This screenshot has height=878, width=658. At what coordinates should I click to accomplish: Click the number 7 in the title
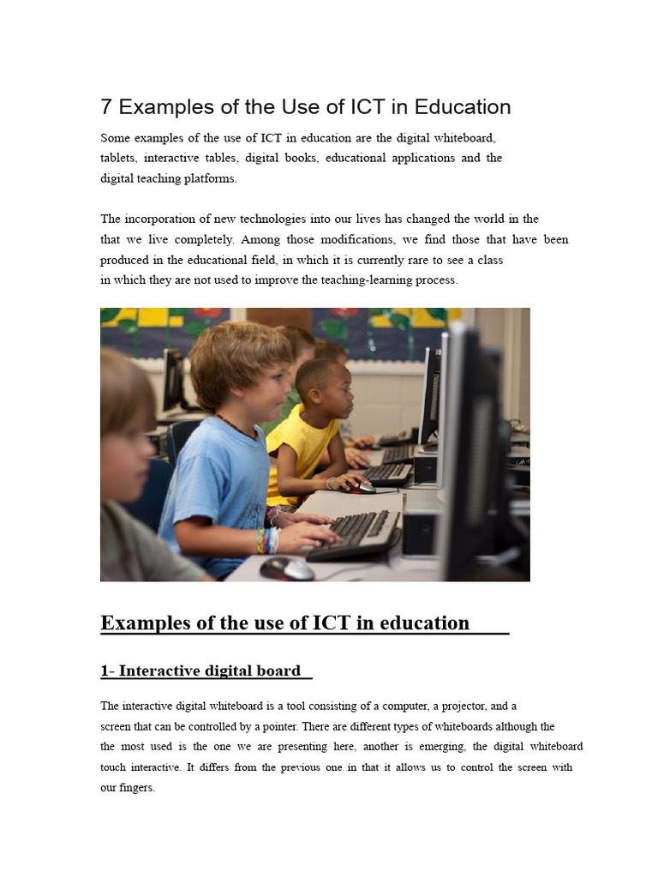[106, 107]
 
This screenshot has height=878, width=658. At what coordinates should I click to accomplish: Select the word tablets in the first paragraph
[117, 159]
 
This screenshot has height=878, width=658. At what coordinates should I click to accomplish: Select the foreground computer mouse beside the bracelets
[287, 568]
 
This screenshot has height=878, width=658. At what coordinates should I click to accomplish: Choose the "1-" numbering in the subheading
[107, 671]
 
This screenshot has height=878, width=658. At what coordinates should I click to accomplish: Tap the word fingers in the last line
[136, 788]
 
